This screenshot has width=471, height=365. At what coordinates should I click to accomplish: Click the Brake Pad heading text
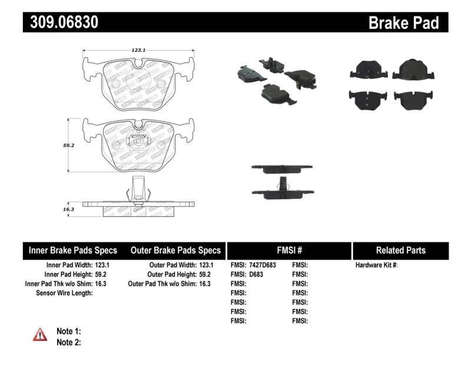tap(403, 23)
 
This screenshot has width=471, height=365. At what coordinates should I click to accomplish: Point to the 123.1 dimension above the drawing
tap(139, 51)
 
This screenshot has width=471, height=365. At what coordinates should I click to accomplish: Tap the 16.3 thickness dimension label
tap(68, 209)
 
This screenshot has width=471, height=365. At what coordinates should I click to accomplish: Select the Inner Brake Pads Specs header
tap(73, 250)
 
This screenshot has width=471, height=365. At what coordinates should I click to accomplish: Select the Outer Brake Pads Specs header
tap(175, 250)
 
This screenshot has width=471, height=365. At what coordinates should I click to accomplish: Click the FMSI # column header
tap(288, 250)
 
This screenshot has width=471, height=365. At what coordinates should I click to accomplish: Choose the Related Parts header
tap(400, 250)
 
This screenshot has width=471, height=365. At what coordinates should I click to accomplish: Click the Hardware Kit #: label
tap(377, 265)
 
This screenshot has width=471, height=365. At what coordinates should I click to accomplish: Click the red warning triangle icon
tap(39, 334)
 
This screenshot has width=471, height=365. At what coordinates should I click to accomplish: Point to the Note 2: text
tap(68, 342)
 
